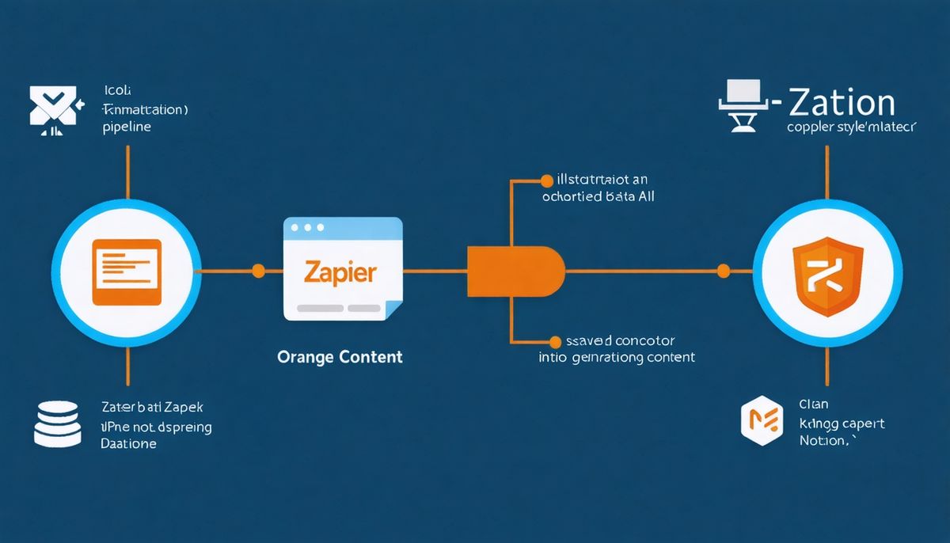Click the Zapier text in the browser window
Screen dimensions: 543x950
coord(340,272)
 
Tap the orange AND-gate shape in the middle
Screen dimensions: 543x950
coord(515,271)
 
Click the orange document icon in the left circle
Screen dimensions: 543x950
coord(127,271)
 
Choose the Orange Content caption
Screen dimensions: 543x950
coord(340,357)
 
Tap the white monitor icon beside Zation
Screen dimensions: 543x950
coord(743,104)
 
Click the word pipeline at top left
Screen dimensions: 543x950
coord(127,127)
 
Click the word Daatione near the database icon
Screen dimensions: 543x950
coord(128,444)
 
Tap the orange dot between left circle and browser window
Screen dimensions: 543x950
coord(258,271)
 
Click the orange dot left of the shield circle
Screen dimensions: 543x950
coord(722,271)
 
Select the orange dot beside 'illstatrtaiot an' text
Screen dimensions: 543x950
coord(545,180)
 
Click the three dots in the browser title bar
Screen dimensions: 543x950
coord(307,227)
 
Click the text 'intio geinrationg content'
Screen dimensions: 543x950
coord(617,357)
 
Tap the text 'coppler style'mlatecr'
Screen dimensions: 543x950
coord(851,127)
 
